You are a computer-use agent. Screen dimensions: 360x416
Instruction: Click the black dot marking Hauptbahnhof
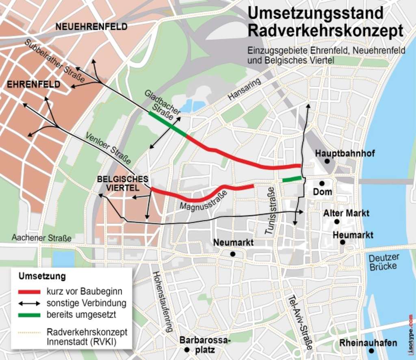click(x=327, y=161)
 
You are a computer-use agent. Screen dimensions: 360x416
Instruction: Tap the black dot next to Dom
click(x=322, y=183)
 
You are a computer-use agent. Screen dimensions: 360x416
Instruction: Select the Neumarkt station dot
click(x=232, y=254)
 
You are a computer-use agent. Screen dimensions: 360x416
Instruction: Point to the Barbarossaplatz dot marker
click(x=186, y=349)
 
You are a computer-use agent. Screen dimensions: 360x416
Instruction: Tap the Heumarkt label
click(x=353, y=235)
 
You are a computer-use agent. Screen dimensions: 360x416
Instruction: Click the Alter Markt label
click(x=346, y=213)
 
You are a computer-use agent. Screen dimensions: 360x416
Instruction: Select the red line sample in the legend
click(x=29, y=292)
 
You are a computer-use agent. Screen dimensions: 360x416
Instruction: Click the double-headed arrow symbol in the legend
click(x=29, y=303)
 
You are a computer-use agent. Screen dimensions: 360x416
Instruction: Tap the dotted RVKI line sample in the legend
click(x=29, y=332)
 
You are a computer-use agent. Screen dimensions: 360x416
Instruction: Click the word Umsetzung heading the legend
click(x=42, y=277)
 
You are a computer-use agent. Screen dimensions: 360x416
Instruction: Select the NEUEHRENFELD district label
click(x=91, y=27)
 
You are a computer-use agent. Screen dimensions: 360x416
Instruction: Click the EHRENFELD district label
click(x=34, y=84)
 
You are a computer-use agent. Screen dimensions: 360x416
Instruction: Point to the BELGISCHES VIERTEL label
click(x=117, y=183)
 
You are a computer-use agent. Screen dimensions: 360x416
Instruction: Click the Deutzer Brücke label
click(x=384, y=262)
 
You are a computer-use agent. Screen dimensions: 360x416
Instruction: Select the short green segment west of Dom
click(x=292, y=179)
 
